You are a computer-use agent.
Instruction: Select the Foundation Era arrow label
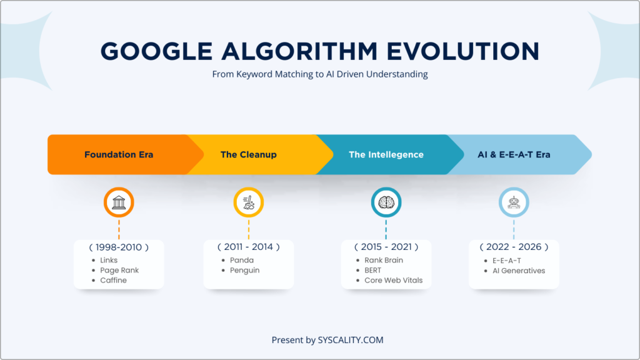pos(119,154)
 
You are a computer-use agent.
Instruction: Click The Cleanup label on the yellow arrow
pos(248,154)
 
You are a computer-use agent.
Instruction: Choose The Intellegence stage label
pos(386,154)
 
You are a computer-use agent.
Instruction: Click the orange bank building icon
pos(119,202)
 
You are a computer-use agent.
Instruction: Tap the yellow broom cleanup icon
pos(248,202)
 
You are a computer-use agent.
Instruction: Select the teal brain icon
pos(386,202)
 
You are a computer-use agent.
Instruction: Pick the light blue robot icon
pos(514,202)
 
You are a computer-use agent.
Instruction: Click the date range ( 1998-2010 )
pos(119,247)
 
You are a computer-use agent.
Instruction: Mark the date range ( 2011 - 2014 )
pos(248,247)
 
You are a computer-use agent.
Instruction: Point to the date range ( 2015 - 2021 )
pos(386,247)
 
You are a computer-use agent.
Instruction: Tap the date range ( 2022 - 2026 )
pos(514,247)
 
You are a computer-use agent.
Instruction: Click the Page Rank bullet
pos(119,270)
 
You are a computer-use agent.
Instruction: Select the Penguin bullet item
pos(245,270)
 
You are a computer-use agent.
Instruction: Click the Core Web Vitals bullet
pos(393,280)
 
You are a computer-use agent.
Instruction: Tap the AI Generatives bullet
pos(518,270)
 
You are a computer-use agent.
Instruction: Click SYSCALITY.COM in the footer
pos(351,340)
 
